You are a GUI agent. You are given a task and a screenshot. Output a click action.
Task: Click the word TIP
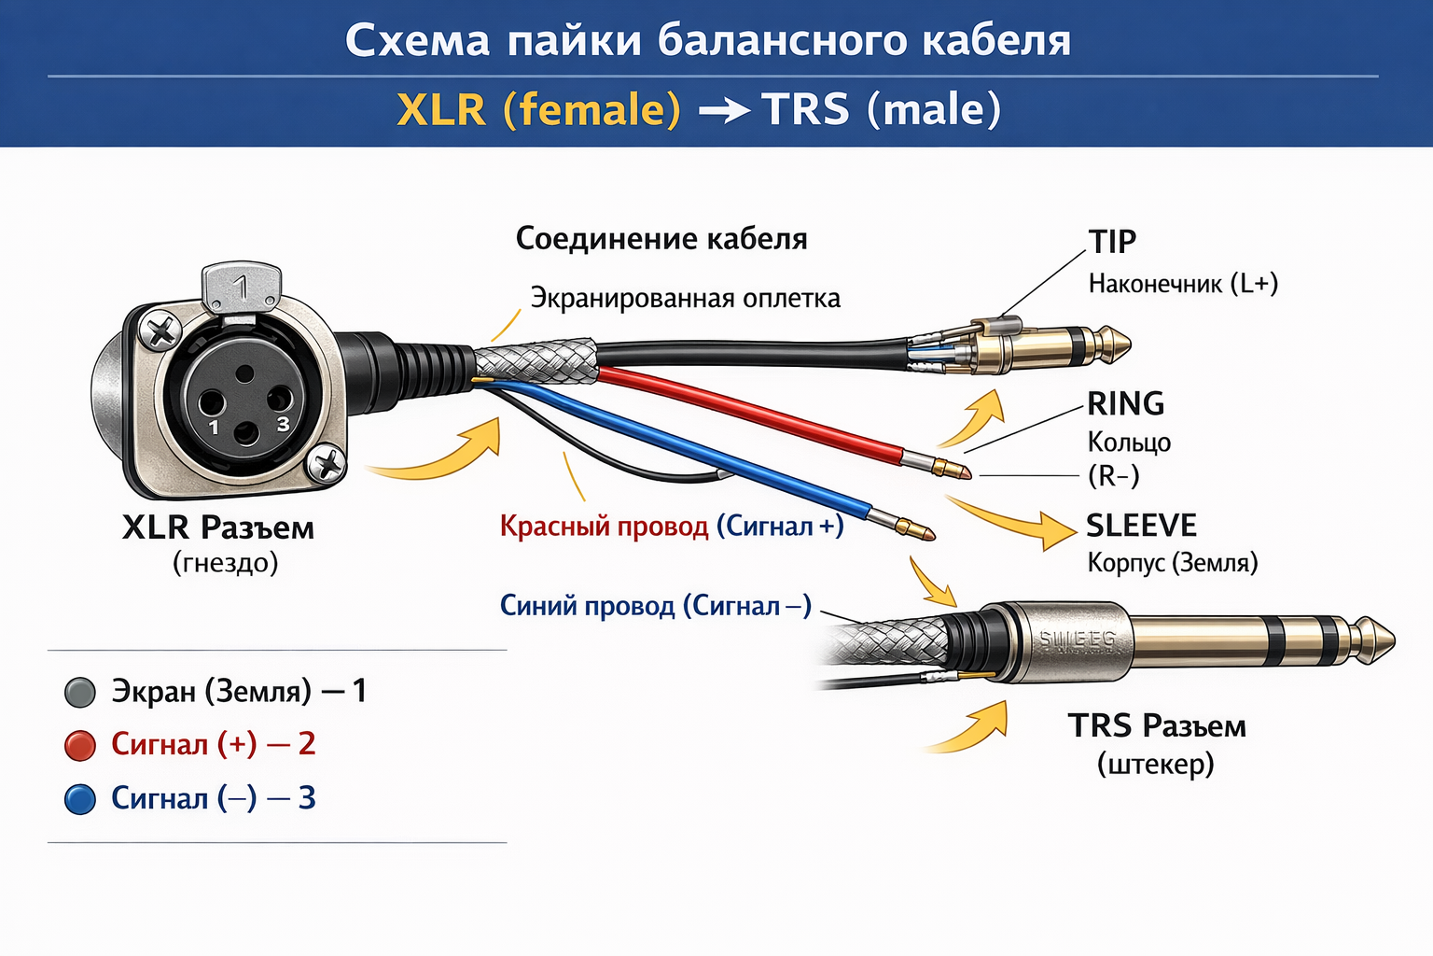pos(1112,242)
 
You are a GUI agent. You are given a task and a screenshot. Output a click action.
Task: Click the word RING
pos(1126,403)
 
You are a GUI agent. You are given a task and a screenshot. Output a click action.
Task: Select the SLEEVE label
pos(1141,526)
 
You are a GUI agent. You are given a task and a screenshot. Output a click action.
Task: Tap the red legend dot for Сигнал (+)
pos(80,745)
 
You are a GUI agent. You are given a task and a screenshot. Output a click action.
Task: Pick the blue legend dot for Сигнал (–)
pos(80,799)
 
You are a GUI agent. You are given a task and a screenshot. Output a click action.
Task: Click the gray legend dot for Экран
pos(80,692)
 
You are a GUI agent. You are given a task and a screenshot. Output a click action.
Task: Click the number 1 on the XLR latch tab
pos(242,286)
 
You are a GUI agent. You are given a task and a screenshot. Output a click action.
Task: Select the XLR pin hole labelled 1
pos(211,403)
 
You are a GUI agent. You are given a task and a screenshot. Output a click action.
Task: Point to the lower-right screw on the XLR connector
pos(327,464)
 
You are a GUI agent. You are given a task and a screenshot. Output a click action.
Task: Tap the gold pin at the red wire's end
pos(952,467)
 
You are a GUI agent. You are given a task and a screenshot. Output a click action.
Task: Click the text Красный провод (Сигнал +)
pos(672,527)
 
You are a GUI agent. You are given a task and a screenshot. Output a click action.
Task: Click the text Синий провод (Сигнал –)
pos(655,606)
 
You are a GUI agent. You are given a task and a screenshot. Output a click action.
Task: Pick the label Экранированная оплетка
pos(685,298)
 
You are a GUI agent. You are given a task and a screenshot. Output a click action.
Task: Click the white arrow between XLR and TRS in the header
pos(724,111)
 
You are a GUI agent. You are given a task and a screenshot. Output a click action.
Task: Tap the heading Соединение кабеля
pos(661,239)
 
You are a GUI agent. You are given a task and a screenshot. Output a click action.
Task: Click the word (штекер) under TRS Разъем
pos(1155,764)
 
